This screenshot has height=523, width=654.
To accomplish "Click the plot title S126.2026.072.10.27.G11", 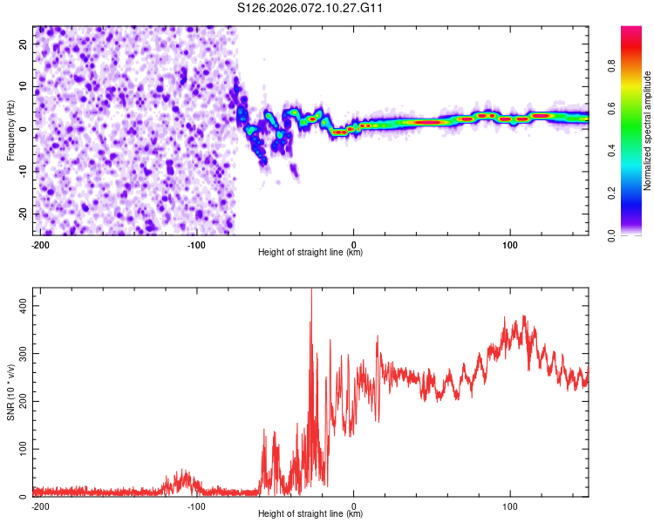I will pyautogui.click(x=310, y=8).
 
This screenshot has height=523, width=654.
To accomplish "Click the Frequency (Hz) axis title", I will pyautogui.click(x=10, y=131).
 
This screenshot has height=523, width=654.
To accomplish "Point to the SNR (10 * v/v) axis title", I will pyautogui.click(x=10, y=392).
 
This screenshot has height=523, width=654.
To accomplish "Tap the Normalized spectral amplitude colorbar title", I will pyautogui.click(x=647, y=131).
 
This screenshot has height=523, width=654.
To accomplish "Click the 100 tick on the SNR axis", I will pyautogui.click(x=21, y=449).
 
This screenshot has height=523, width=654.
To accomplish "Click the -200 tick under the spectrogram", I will pyautogui.click(x=39, y=244).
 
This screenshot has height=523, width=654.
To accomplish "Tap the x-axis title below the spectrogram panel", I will pyautogui.click(x=310, y=253).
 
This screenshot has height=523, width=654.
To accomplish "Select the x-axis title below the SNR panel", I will pyautogui.click(x=310, y=514).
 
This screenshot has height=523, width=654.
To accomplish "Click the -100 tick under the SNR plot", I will pyautogui.click(x=196, y=506).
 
